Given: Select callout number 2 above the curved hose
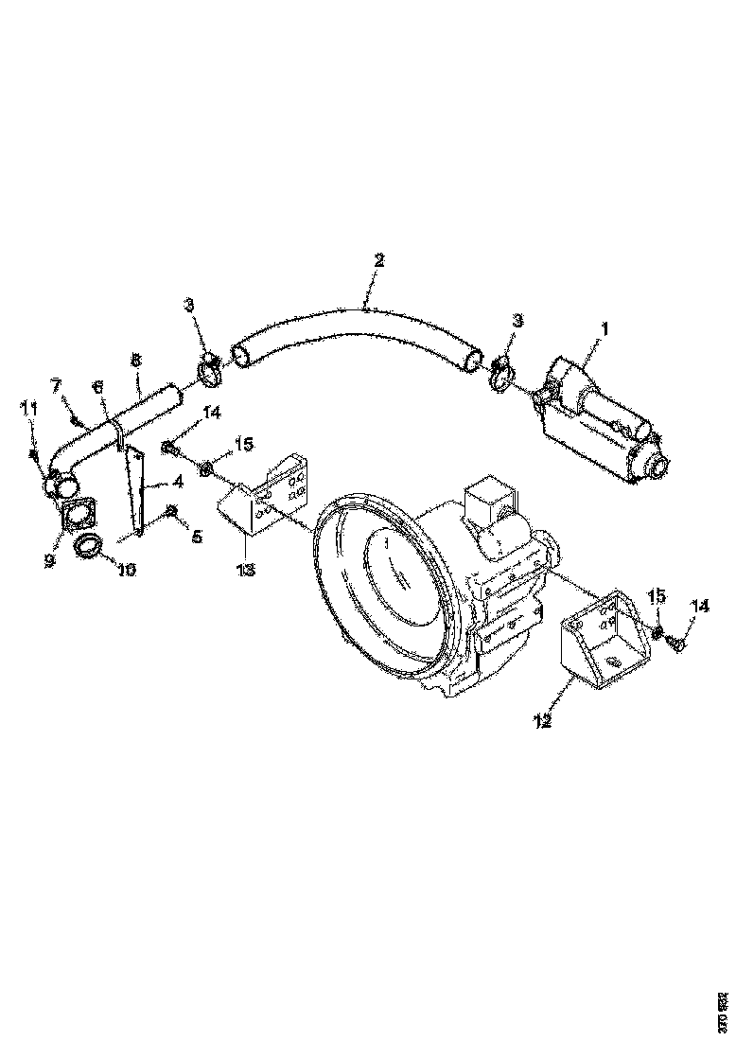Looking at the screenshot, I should point(379,259).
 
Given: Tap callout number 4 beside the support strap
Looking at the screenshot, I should point(177,482).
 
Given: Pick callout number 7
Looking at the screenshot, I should point(56,386).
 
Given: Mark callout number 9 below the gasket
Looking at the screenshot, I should point(49,560).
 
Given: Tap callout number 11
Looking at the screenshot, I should point(29,408).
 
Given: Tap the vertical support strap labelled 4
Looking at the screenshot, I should point(140,492).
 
